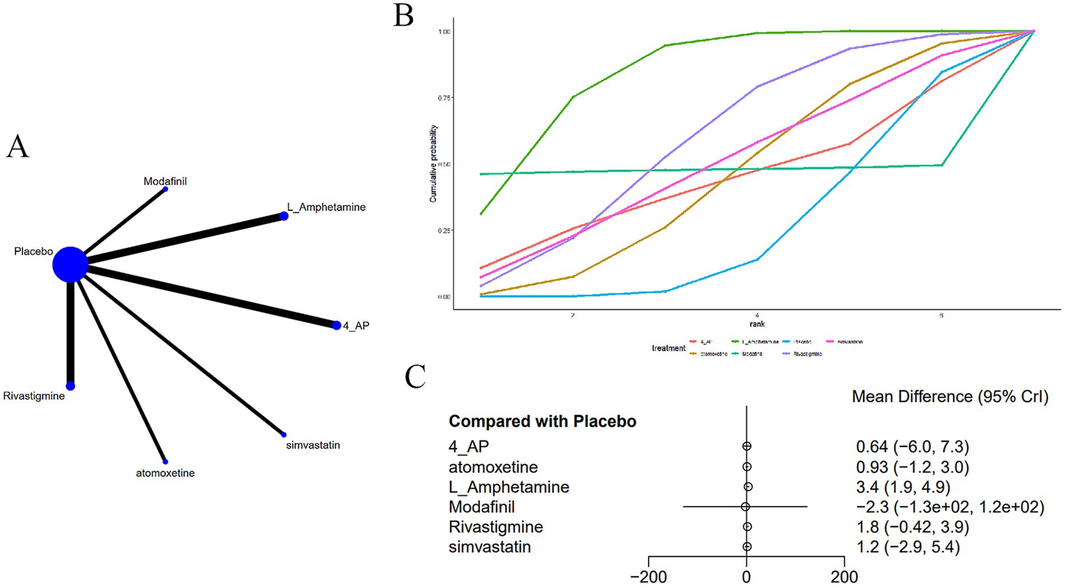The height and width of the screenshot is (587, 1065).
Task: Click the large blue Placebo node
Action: point(70,264)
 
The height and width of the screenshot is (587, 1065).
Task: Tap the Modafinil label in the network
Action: point(165,181)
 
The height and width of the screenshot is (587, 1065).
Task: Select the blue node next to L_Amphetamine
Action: point(284,216)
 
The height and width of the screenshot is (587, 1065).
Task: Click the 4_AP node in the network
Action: point(337,325)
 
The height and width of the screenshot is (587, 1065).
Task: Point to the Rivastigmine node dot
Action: point(71,386)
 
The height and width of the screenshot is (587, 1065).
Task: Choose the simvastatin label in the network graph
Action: point(312,445)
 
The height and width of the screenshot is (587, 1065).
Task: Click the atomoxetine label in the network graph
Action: point(165,473)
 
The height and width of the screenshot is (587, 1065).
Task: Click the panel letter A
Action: point(17,147)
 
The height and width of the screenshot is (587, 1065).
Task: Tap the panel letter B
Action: point(403,15)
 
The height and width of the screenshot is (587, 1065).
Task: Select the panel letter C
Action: point(415,377)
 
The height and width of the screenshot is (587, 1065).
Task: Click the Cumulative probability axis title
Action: point(433,164)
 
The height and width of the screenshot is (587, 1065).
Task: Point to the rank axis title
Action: point(756,324)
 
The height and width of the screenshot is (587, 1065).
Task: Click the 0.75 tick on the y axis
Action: point(444,98)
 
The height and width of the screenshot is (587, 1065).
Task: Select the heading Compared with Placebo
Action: point(542,421)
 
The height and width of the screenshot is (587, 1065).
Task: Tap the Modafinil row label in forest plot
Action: point(482,507)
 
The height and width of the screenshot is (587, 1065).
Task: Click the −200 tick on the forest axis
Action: point(648,576)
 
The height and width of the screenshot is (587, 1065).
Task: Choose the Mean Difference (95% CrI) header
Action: point(950,397)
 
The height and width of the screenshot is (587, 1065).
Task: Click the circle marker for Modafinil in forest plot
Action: point(745,507)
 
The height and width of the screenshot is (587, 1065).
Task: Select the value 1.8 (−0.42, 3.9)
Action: point(912,527)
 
